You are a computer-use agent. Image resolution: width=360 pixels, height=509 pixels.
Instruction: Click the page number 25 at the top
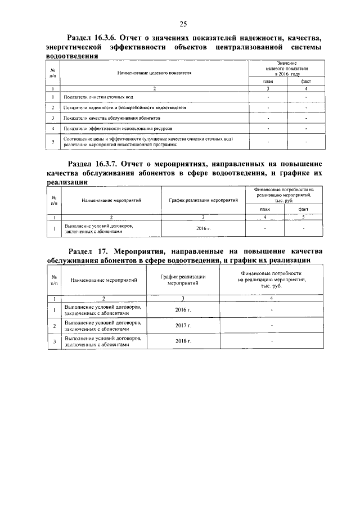point(183,24)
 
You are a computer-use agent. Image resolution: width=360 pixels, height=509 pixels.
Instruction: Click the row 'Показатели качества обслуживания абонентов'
point(112,119)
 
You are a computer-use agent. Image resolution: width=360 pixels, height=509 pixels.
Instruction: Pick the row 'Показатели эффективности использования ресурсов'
point(118,129)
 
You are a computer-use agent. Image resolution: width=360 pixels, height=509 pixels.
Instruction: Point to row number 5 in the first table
point(52,141)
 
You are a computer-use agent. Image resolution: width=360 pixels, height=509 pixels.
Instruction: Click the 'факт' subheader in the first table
point(306,82)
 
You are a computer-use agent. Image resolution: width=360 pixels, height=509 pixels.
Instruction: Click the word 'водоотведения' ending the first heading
point(72,57)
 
